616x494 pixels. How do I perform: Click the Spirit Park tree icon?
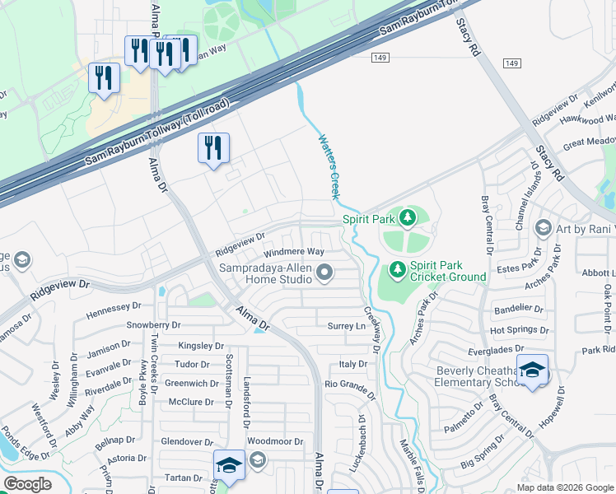(406, 218)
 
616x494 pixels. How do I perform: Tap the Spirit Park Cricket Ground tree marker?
(397, 269)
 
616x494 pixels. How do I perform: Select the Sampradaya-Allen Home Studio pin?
(325, 272)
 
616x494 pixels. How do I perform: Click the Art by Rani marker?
(543, 227)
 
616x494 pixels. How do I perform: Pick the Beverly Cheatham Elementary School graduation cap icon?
(532, 370)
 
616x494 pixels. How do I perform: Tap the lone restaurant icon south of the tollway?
(213, 148)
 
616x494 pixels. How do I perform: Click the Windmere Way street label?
(293, 251)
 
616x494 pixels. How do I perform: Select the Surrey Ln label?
(346, 326)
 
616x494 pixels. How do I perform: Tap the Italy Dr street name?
(352, 364)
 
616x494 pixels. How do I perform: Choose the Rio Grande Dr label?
(349, 384)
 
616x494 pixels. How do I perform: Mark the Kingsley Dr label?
(200, 347)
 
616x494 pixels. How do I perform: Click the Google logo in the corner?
(27, 484)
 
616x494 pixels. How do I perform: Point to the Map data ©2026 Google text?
(564, 487)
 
